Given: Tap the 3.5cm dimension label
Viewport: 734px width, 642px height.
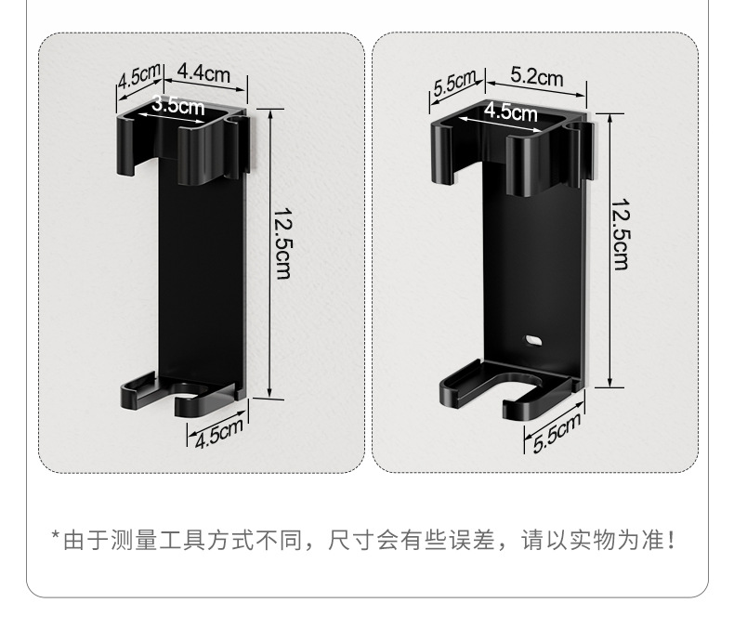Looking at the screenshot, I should coord(177,106).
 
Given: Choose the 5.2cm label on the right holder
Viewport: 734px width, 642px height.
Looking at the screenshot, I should coord(536,78).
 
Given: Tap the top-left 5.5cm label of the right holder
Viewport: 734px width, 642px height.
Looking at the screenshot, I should coord(454,85).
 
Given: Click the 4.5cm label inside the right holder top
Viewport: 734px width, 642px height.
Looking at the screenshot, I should coord(510,113).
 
